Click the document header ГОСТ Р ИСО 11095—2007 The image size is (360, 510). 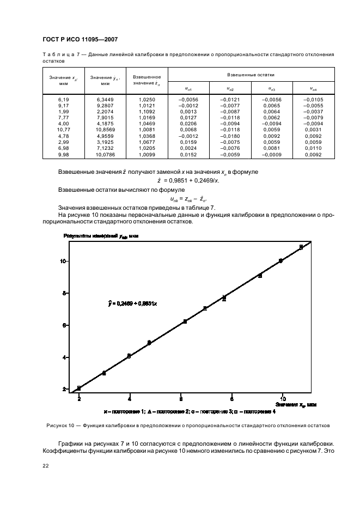(x=80, y=40)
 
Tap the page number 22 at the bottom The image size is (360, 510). (x=46, y=465)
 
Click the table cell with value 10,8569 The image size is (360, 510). (x=105, y=130)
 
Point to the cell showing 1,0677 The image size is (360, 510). (x=147, y=142)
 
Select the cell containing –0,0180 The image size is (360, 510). (x=230, y=136)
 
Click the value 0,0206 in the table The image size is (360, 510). (x=188, y=124)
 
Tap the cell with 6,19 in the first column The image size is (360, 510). (x=63, y=100)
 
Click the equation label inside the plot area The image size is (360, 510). (x=133, y=302)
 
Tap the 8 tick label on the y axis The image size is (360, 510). (x=64, y=293)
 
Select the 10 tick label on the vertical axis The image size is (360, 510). (x=63, y=261)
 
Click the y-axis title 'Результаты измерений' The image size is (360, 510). (x=94, y=235)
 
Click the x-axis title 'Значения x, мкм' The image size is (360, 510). (x=296, y=405)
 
